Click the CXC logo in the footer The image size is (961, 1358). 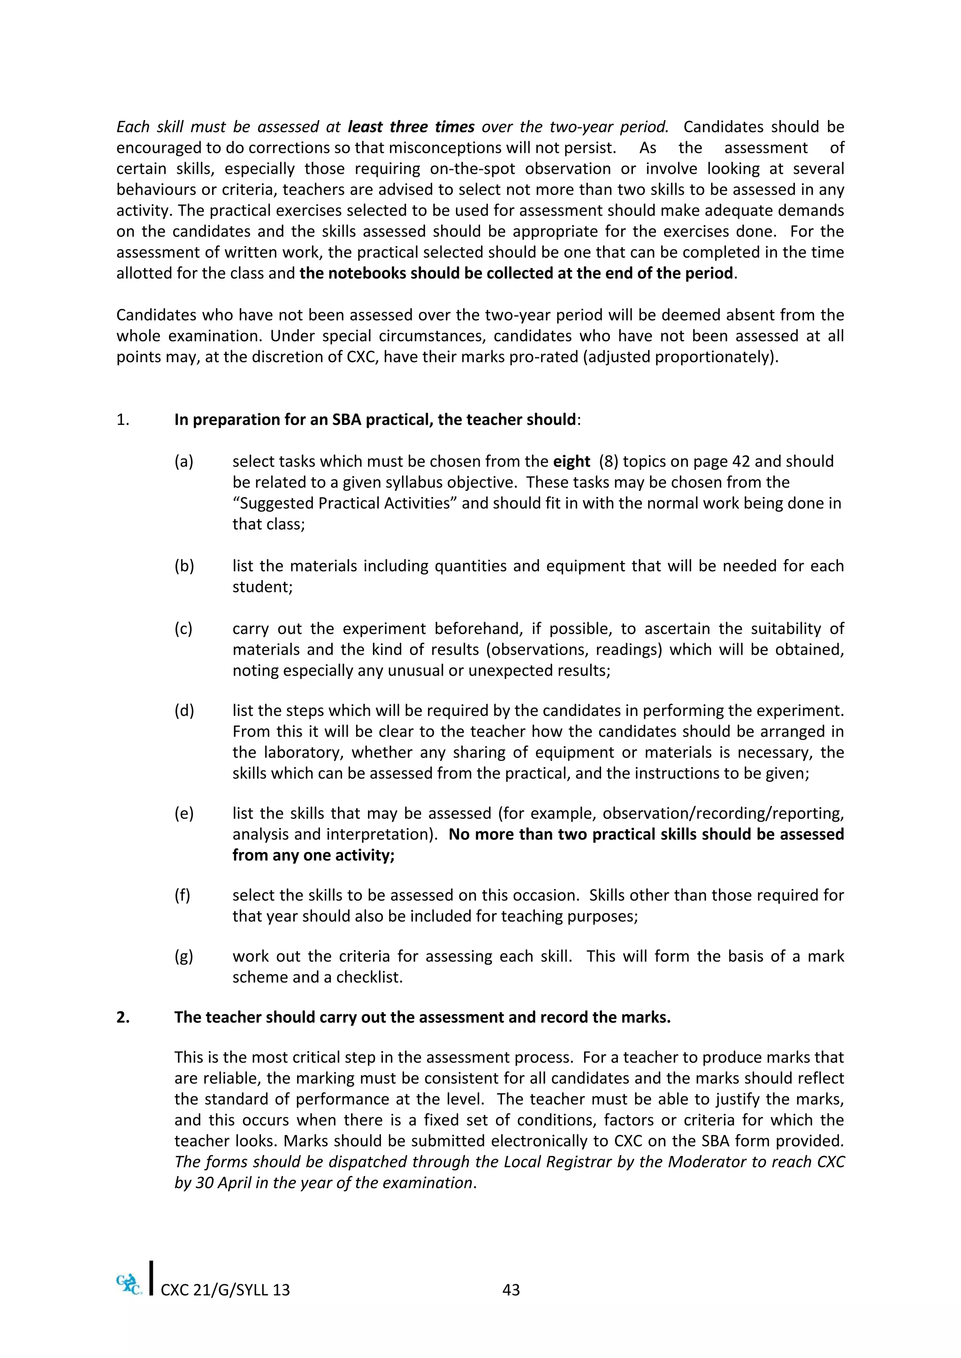point(129,1284)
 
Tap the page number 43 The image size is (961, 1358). point(511,1290)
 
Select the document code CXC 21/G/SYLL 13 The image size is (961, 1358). point(225,1290)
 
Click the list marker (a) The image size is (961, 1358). point(183,461)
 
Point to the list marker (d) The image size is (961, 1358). point(184,710)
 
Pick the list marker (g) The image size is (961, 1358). point(183,957)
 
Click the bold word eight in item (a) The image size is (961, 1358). point(571,461)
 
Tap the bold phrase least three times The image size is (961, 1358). point(411,127)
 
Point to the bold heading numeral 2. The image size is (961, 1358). point(122,1017)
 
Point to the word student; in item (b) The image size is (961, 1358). point(262,587)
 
